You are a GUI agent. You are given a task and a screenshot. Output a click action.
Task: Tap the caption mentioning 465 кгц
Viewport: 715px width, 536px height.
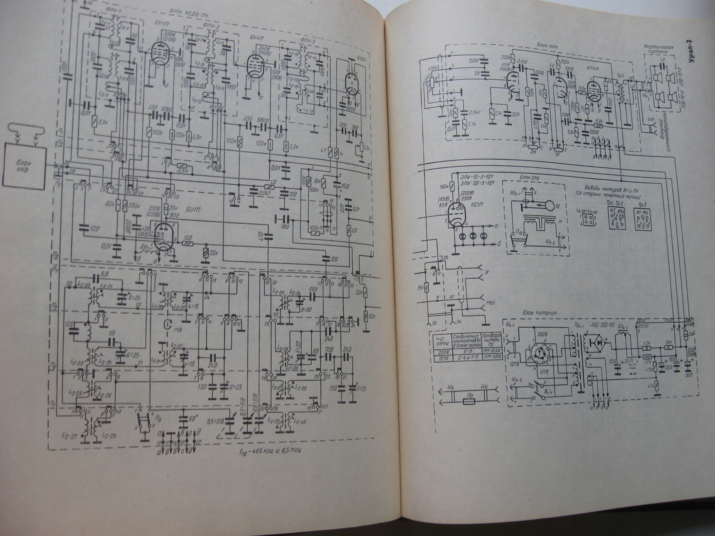(269, 452)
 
